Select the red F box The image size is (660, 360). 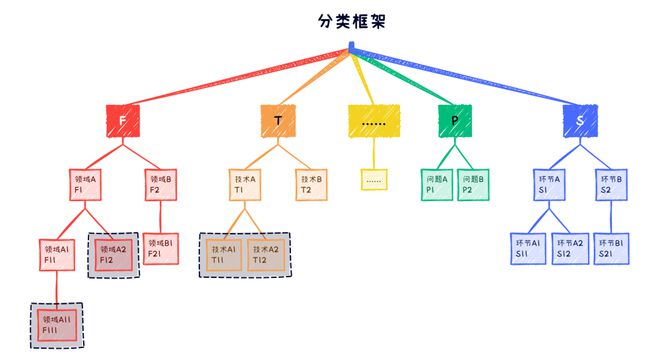tap(122, 122)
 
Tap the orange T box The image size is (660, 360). tap(277, 122)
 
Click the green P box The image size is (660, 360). tap(454, 122)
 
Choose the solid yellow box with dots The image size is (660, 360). tap(373, 122)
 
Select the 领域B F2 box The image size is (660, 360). tap(160, 183)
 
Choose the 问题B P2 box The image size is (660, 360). tap(473, 183)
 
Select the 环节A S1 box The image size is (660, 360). tap(550, 183)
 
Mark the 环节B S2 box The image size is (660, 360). tap(611, 183)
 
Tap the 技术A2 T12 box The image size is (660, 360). tap(266, 254)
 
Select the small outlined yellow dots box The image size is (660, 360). tap(374, 180)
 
